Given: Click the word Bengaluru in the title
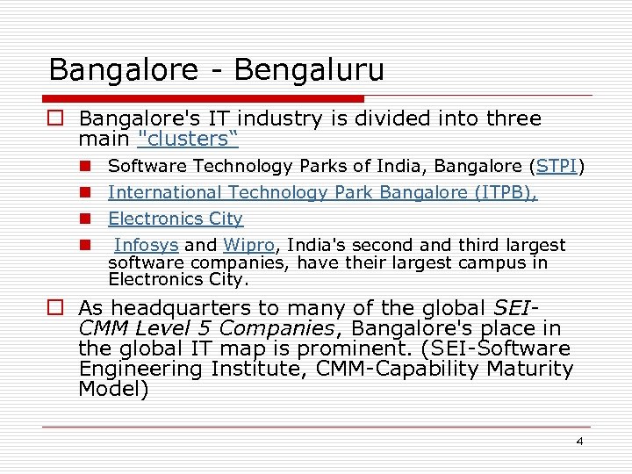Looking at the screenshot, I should pyautogui.click(x=311, y=69).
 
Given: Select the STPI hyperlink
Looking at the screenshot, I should pyautogui.click(x=557, y=166).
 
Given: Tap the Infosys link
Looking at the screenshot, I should pyautogui.click(x=147, y=245).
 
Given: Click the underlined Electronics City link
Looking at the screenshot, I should pyautogui.click(x=176, y=219).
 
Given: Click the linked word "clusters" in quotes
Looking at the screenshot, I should pyautogui.click(x=188, y=139).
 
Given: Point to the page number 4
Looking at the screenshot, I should pyautogui.click(x=579, y=442).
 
